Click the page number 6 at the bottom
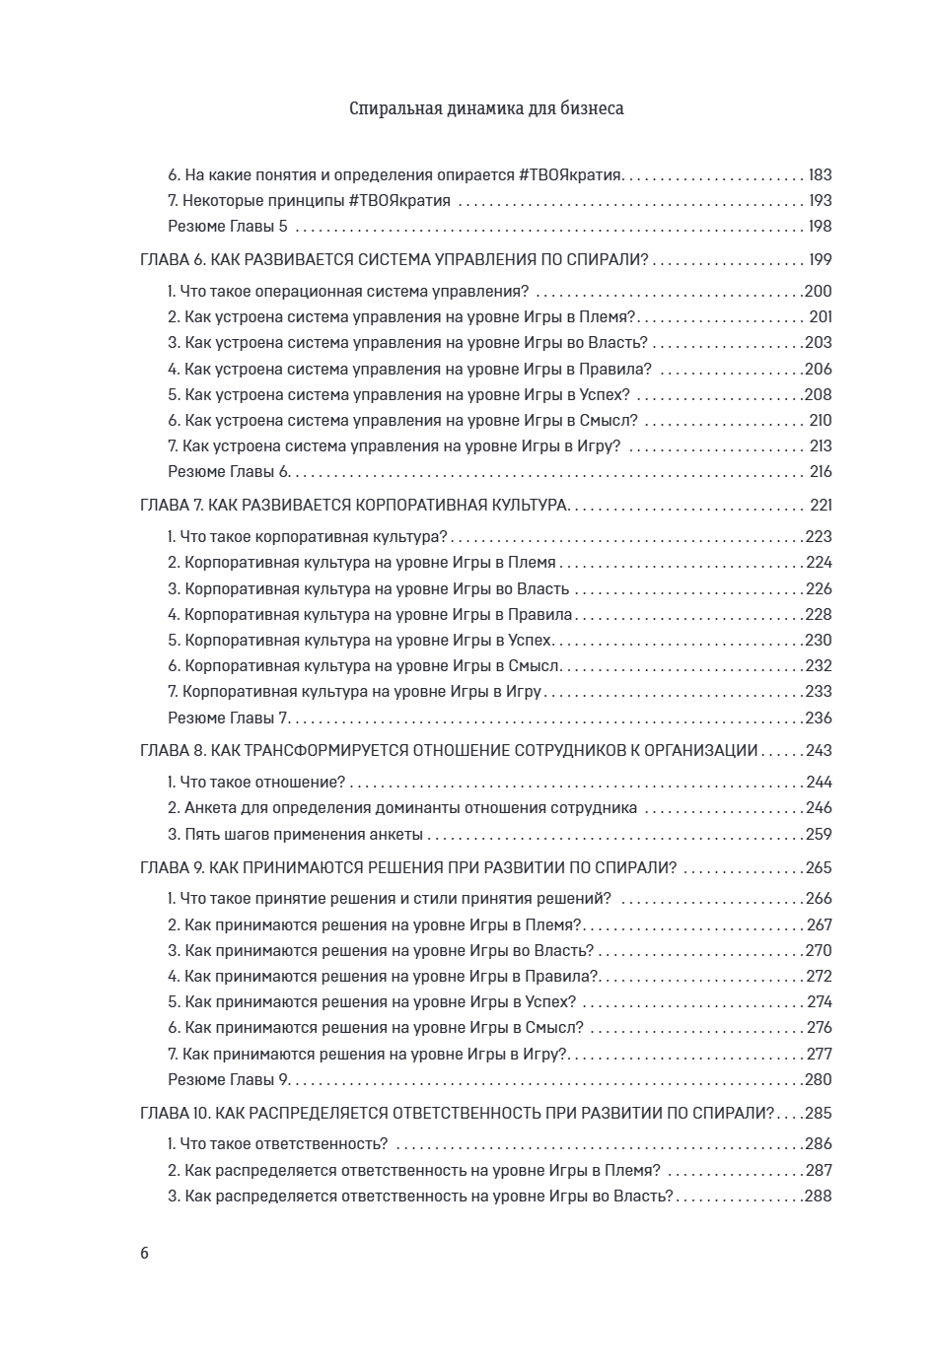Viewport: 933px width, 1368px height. click(145, 1254)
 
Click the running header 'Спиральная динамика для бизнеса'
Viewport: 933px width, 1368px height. click(486, 108)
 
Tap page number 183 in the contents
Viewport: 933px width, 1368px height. click(820, 174)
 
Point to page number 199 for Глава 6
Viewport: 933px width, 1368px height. click(819, 260)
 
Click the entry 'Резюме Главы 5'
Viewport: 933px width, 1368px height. click(229, 227)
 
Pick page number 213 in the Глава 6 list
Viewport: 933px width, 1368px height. click(821, 446)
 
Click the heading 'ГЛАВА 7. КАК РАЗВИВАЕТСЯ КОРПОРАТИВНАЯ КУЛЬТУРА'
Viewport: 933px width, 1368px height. click(353, 506)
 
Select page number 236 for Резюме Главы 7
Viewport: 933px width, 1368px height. click(819, 718)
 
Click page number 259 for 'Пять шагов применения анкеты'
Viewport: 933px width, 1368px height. click(819, 835)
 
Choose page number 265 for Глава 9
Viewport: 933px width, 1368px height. click(819, 868)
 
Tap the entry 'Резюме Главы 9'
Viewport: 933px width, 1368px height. click(229, 1079)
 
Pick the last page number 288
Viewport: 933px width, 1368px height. click(819, 1197)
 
